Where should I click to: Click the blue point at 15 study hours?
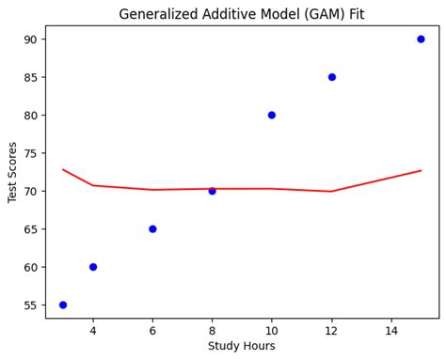(x=421, y=39)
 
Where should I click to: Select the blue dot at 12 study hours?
(x=332, y=77)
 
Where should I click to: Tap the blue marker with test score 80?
(x=272, y=115)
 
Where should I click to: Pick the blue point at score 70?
(x=212, y=191)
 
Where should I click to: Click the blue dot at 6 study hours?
(x=152, y=228)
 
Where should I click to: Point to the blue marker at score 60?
(x=93, y=267)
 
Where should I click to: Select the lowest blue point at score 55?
(x=63, y=305)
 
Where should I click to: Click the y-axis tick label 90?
(x=30, y=39)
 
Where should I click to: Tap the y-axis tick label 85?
(x=30, y=77)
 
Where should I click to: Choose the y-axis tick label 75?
(x=30, y=153)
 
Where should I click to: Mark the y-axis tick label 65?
(x=30, y=229)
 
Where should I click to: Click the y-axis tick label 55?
(x=30, y=305)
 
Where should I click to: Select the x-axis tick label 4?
(x=93, y=330)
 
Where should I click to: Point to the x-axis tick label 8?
(x=212, y=330)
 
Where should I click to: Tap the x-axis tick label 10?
(x=272, y=330)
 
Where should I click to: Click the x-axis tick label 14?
(x=391, y=330)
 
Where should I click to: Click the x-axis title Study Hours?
(x=242, y=346)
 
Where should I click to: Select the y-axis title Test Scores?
(x=13, y=171)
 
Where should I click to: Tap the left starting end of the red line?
(x=63, y=169)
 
